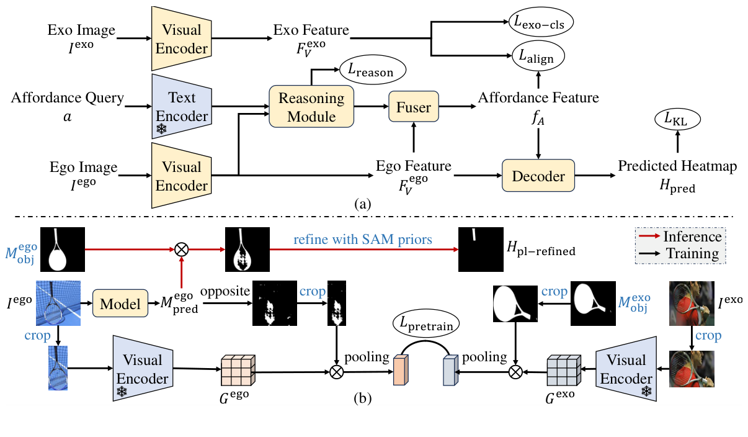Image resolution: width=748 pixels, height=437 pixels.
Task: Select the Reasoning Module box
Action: tap(311, 106)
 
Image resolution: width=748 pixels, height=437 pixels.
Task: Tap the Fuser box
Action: tap(414, 107)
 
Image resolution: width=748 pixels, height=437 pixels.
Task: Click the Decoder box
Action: tap(538, 176)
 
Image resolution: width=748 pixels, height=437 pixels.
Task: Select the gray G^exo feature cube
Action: tap(563, 369)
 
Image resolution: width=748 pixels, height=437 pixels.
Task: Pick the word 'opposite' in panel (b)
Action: tap(225, 291)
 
